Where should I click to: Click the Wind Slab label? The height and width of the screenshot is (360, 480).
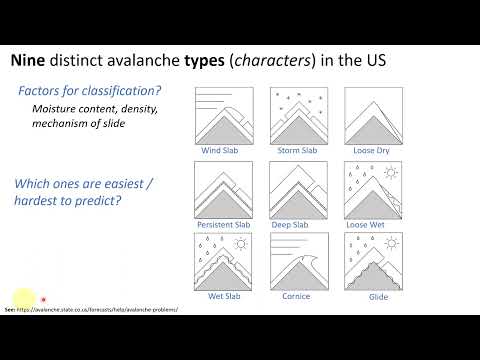[x=227, y=152]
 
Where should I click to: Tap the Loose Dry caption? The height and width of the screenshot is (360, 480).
[x=366, y=152]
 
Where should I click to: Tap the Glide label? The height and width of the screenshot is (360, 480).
[x=366, y=297]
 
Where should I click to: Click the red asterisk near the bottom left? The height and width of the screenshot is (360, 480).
[x=43, y=297]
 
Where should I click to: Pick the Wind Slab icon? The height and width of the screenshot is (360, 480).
[x=227, y=117]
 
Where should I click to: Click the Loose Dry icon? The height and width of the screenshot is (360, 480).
[x=366, y=117]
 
